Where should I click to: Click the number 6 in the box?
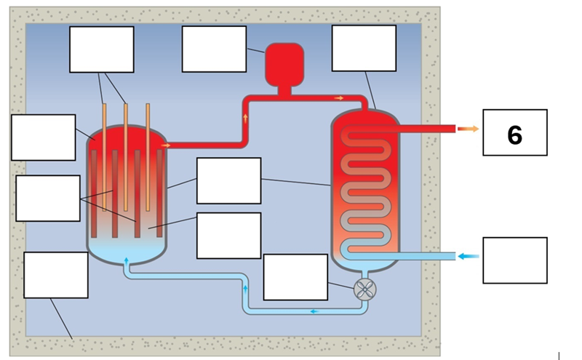514,134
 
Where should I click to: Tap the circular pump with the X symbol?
365,289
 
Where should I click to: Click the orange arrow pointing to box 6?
467,129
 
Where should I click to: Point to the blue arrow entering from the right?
469,256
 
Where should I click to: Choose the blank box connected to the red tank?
214,49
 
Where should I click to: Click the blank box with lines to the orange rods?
101,49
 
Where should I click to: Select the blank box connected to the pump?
295,277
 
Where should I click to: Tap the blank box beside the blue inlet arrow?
514,260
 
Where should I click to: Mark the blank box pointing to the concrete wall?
55,275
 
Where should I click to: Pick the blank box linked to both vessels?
228,180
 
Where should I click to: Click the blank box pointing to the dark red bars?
47,198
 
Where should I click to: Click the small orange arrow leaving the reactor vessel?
166,145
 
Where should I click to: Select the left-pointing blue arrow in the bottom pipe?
314,311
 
